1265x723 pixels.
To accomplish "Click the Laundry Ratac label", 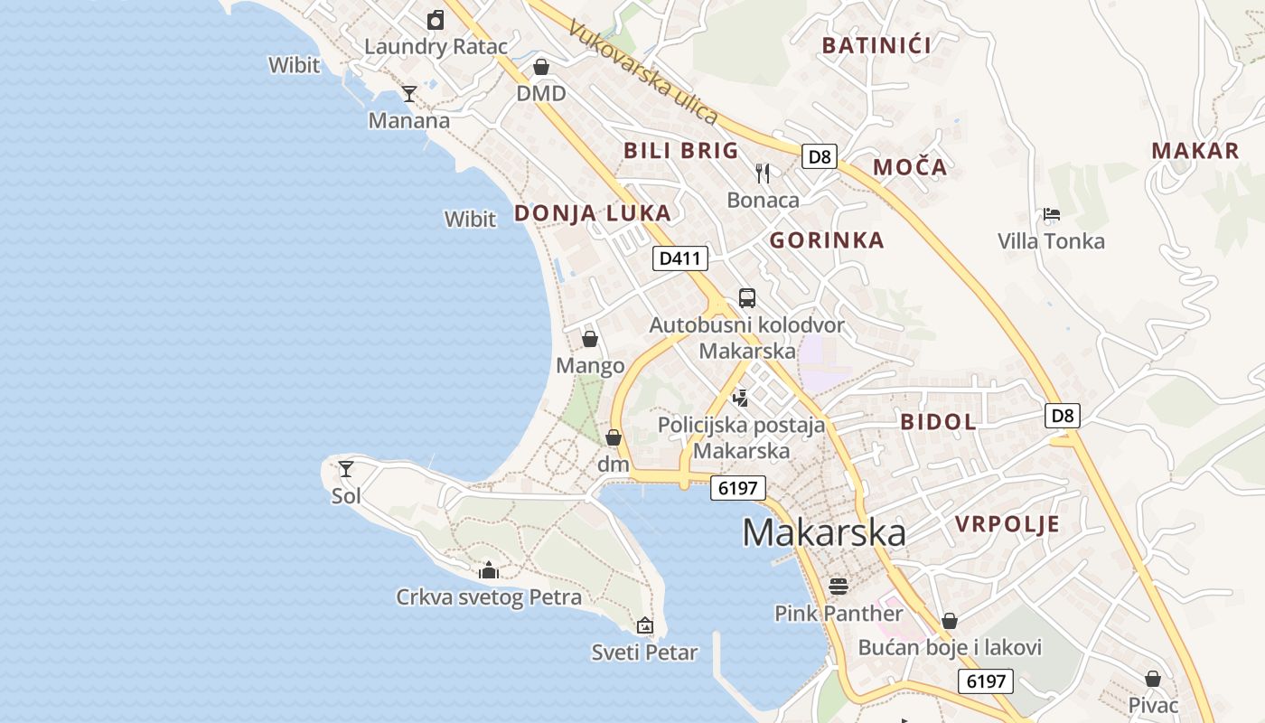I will (436, 46).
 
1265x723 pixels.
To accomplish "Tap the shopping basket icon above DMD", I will (541, 67).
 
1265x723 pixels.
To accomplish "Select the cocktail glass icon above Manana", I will (409, 93).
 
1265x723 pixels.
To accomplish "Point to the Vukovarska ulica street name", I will (642, 72).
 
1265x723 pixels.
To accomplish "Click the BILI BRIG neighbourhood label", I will (680, 150).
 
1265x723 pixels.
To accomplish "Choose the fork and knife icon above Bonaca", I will (763, 173).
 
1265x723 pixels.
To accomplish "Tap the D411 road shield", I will (679, 258).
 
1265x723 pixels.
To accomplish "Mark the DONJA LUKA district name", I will (592, 213).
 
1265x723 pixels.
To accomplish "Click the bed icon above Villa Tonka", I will (1051, 214).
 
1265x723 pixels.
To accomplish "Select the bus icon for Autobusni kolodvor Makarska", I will (747, 297).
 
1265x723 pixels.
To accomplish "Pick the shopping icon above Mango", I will (590, 339).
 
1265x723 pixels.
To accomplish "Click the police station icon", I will (741, 397).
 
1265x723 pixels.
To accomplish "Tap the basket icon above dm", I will (614, 437).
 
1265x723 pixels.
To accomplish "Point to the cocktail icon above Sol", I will (346, 468).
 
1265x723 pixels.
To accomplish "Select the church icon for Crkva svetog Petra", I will (489, 569).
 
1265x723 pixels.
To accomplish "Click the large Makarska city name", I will (824, 532).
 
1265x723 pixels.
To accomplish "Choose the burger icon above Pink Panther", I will (839, 586).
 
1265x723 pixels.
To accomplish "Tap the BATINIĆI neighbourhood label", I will (876, 45).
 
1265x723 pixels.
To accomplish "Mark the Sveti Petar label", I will (644, 652).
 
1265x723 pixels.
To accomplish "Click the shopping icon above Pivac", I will (1153, 678).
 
